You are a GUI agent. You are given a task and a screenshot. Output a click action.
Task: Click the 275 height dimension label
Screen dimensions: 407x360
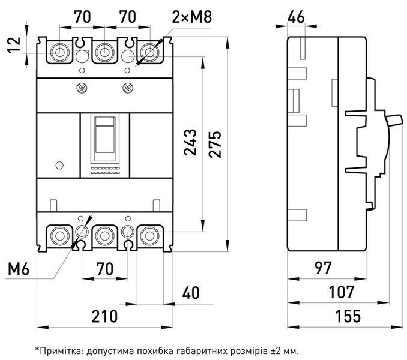click(x=215, y=144)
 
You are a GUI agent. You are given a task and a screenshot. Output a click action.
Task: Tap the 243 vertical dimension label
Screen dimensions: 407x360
click(x=190, y=142)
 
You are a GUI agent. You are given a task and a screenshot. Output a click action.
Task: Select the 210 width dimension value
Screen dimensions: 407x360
click(x=104, y=316)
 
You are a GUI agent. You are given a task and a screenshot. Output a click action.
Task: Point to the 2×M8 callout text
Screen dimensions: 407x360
click(x=192, y=17)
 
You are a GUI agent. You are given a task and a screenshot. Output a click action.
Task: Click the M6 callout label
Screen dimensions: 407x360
click(x=19, y=269)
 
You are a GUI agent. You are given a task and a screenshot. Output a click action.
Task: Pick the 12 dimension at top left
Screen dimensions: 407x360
click(x=13, y=45)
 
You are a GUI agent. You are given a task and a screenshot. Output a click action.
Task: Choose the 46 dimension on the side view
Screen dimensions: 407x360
click(x=296, y=17)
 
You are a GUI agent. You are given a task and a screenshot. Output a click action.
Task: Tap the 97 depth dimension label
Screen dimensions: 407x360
click(x=323, y=268)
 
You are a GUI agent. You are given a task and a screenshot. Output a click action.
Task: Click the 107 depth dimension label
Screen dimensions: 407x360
click(x=341, y=292)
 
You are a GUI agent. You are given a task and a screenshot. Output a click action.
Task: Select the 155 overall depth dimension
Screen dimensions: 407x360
click(x=348, y=316)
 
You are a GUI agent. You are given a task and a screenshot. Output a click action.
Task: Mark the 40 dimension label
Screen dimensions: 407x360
click(x=191, y=293)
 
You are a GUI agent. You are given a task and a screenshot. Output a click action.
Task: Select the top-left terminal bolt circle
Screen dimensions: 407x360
click(x=59, y=52)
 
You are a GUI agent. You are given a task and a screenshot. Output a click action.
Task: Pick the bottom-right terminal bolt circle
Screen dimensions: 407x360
click(x=149, y=236)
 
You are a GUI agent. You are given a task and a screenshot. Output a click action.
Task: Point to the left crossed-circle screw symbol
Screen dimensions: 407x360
click(x=82, y=88)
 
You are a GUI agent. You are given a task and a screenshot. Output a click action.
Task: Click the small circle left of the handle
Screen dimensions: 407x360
click(x=59, y=166)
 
